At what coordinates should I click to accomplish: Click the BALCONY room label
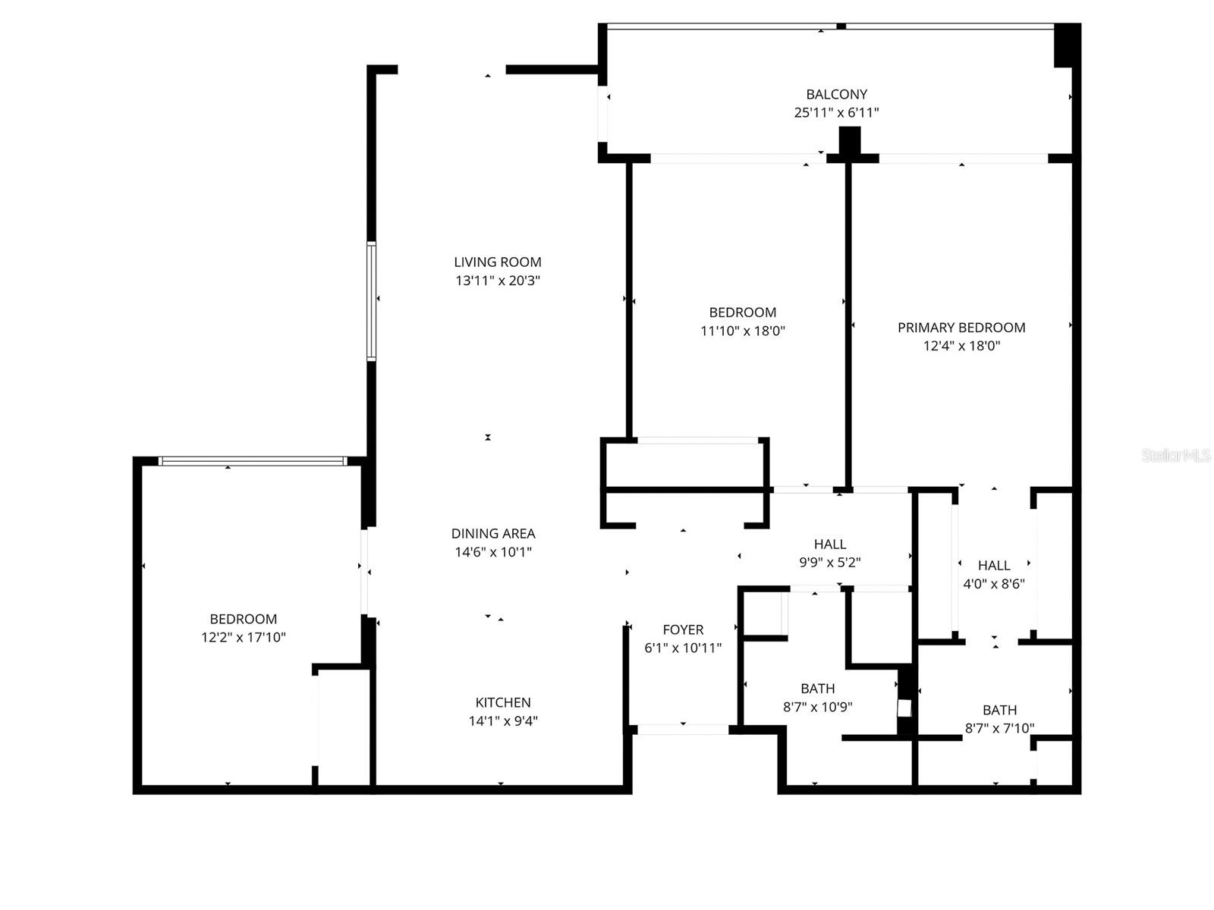click(x=836, y=94)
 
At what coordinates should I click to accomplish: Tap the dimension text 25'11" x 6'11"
click(x=836, y=112)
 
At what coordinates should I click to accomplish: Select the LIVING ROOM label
click(x=498, y=262)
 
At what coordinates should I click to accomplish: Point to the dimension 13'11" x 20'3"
click(x=498, y=281)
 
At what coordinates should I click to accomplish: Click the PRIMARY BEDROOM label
click(x=961, y=328)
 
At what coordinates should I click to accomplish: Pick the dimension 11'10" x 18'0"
click(x=742, y=331)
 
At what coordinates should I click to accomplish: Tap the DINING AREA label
click(x=493, y=533)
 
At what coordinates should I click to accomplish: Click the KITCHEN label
click(x=503, y=702)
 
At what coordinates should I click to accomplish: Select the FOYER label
click(x=683, y=629)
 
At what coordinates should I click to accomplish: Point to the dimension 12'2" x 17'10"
click(x=243, y=638)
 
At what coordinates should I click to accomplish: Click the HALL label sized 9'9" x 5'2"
click(x=830, y=544)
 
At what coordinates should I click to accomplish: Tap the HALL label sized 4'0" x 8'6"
click(x=994, y=565)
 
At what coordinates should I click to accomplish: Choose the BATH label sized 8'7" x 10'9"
click(x=818, y=689)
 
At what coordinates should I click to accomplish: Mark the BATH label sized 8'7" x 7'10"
click(x=999, y=710)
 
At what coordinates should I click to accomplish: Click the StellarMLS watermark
click(x=1175, y=456)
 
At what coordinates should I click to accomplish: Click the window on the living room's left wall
click(x=371, y=300)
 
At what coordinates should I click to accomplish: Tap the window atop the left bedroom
click(x=253, y=460)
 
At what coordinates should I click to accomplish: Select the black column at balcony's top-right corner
click(x=1066, y=45)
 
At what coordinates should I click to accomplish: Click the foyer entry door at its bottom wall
click(x=683, y=730)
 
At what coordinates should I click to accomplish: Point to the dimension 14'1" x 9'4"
click(x=503, y=721)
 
